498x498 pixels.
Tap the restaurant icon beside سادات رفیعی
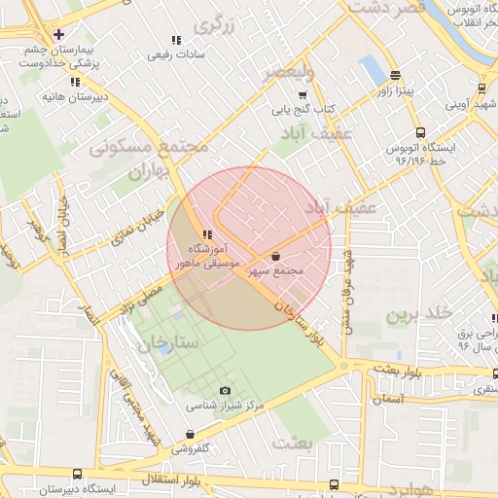click(176, 40)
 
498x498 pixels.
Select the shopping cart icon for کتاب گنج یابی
click(302, 95)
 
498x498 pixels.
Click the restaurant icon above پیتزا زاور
click(394, 75)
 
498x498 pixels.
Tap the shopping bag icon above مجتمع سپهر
click(276, 257)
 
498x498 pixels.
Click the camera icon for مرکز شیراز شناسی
click(226, 391)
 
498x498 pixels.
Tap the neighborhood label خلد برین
click(419, 314)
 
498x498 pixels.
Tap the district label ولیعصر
click(295, 72)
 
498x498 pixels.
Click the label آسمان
click(387, 398)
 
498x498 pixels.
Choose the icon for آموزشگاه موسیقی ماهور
click(206, 233)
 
